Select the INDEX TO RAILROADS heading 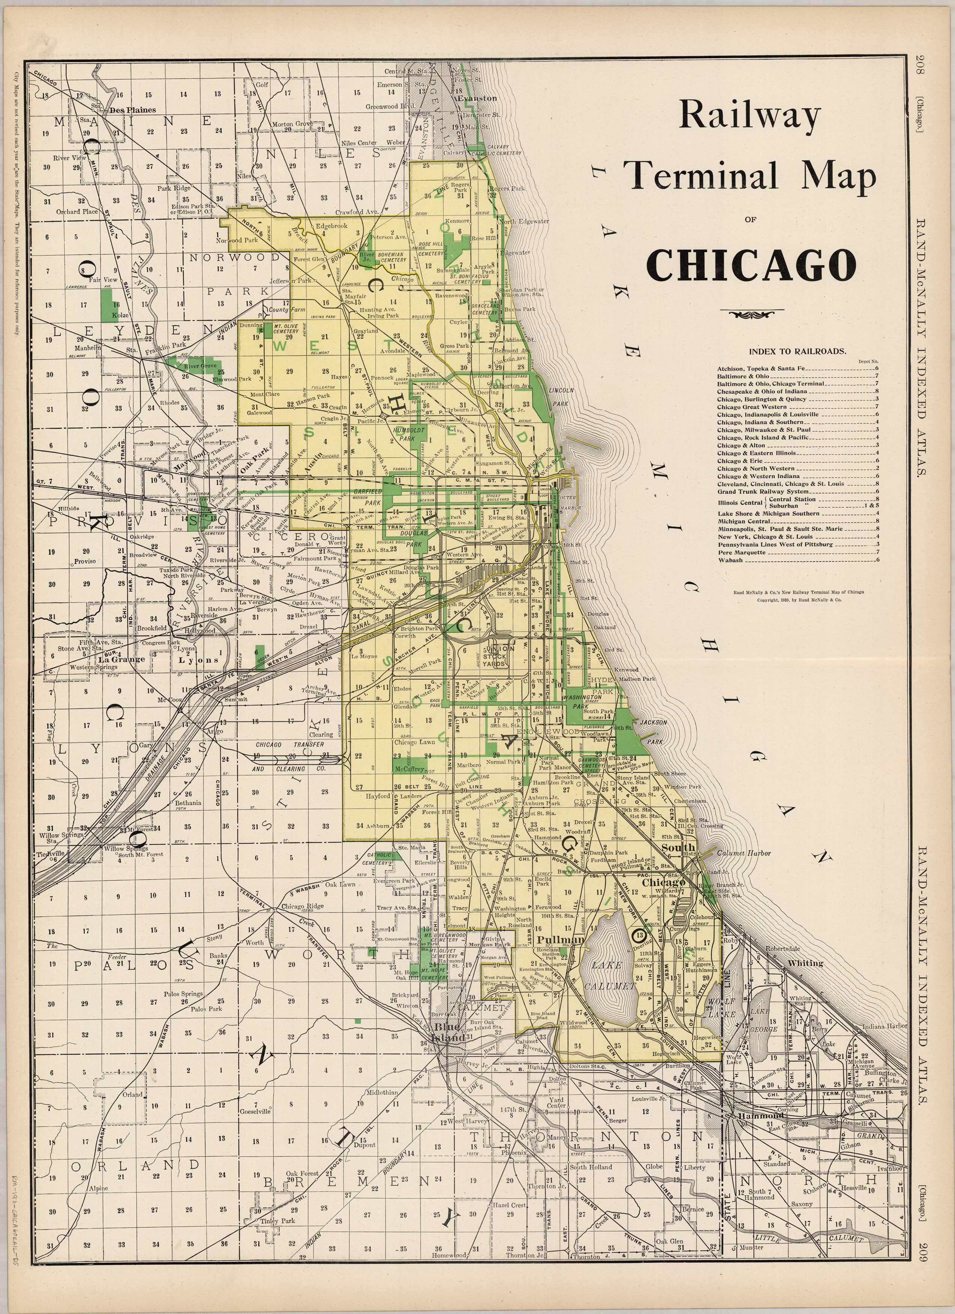(797, 351)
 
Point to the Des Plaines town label (132, 110)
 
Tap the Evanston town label (477, 98)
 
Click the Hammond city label (760, 1115)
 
